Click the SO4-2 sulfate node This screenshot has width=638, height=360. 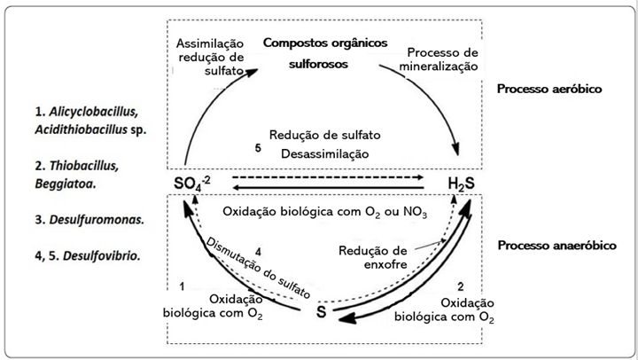click(194, 184)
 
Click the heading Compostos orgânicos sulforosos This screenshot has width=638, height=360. click(319, 52)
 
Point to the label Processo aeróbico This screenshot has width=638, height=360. click(549, 90)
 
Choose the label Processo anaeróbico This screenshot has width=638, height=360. click(556, 245)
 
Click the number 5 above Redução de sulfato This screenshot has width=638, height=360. click(257, 148)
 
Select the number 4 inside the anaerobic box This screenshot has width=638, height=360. click(257, 250)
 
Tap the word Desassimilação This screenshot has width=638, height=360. click(325, 154)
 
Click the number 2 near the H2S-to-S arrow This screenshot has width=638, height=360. click(461, 286)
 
